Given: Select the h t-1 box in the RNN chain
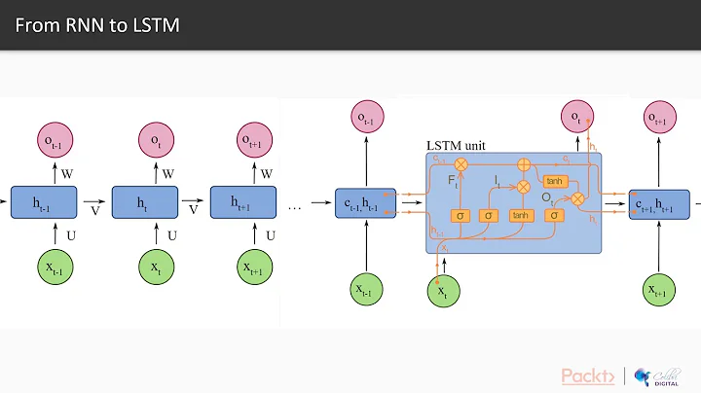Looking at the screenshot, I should (x=44, y=202).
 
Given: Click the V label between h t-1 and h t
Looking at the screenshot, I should (x=93, y=209).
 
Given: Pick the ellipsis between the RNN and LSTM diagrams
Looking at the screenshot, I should (x=295, y=207).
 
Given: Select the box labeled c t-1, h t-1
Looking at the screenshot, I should (x=365, y=203).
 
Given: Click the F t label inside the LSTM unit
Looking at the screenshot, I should (x=453, y=181).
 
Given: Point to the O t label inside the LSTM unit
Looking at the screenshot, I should (x=548, y=195).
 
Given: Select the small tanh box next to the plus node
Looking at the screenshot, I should (x=554, y=181).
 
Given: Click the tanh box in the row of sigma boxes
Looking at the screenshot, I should (x=522, y=214).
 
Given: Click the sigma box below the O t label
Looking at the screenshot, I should (x=554, y=214).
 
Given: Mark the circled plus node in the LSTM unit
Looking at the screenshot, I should (x=523, y=164).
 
